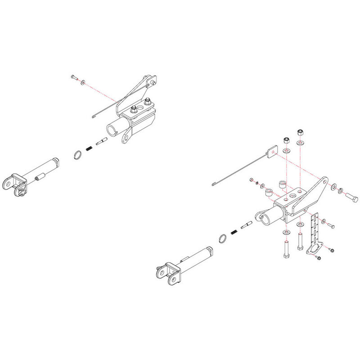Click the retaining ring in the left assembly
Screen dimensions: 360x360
(x=77, y=155)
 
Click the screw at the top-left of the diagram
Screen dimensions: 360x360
(x=74, y=78)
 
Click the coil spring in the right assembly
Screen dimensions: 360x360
(x=234, y=232)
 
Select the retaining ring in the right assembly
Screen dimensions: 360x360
(x=223, y=238)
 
